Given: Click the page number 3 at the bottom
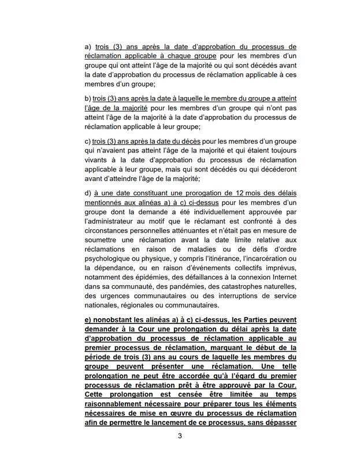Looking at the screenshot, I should [180, 452].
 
